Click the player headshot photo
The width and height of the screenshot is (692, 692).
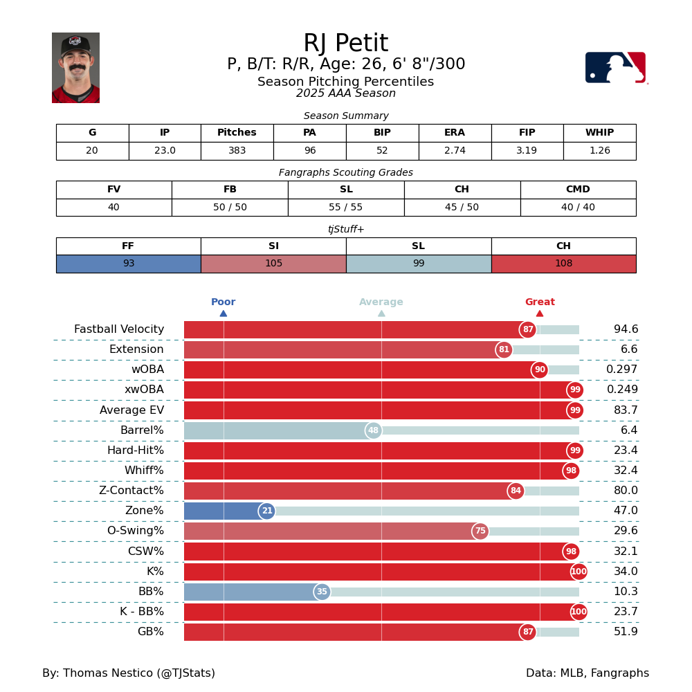point(75,68)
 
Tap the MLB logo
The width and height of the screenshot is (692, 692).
point(615,68)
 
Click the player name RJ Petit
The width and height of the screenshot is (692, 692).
point(345,44)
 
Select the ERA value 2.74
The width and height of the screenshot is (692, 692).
point(455,151)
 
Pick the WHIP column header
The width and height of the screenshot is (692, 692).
point(599,133)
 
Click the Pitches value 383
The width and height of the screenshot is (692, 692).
point(237,151)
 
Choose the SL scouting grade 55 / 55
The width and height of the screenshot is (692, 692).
point(346,208)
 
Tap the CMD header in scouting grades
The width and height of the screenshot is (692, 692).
point(578,190)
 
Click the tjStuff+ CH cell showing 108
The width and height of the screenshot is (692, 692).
point(563,264)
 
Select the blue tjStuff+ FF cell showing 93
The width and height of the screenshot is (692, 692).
point(128,264)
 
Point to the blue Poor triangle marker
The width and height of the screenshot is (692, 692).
point(224,313)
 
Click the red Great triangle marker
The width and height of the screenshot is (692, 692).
point(540,313)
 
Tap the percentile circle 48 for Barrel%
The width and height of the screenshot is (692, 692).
point(374,430)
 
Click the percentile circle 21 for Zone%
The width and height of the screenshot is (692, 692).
point(267,511)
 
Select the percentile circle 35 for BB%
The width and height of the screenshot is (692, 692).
point(322,592)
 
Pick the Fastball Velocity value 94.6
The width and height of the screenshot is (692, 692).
point(626,329)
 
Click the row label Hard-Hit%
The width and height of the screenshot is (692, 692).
point(136,450)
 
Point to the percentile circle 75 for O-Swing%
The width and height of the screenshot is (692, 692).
point(480,531)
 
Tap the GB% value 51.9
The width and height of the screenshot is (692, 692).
point(626,632)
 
